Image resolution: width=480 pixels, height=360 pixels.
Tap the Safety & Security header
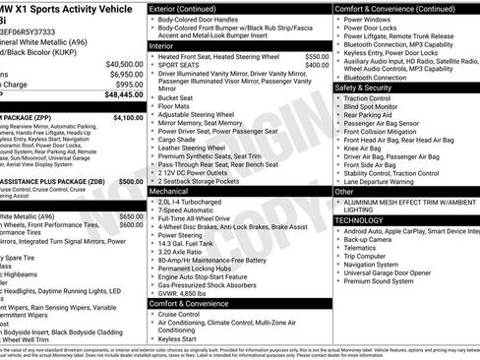pyautogui.click(x=368, y=88)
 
